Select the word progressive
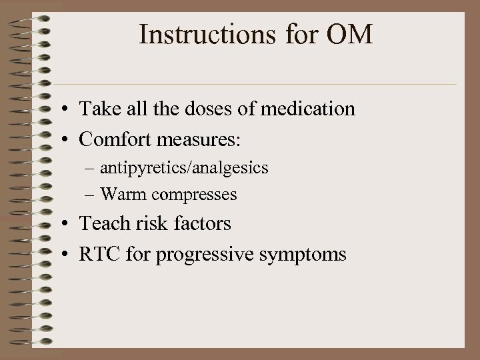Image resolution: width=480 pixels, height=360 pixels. tap(210, 254)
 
